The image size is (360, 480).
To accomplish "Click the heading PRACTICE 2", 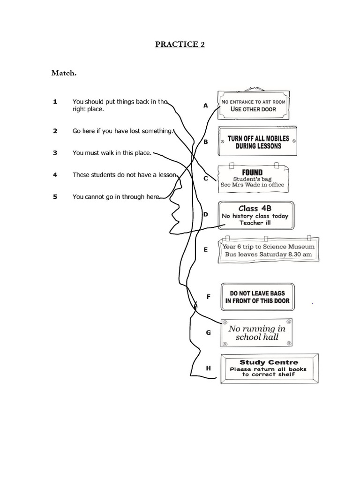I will [180, 45].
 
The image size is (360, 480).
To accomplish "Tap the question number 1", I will [55, 101].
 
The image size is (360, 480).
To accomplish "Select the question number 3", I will [55, 152].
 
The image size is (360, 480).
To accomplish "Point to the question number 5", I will [55, 197].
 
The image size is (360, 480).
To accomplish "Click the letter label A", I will [205, 105].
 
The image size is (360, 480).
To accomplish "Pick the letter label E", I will [205, 250].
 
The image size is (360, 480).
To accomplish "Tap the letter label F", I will [209, 296].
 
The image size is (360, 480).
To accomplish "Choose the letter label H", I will [209, 368].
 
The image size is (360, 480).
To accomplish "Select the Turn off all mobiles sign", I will [258, 142].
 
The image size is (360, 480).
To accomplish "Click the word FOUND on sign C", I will [252, 172].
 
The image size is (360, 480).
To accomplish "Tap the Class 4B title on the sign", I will [255, 208].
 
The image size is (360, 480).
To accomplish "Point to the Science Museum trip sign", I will [269, 250].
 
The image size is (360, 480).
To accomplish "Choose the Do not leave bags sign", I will [257, 297].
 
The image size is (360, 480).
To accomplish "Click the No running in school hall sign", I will [257, 333].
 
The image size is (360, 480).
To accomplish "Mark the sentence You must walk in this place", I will [112, 152].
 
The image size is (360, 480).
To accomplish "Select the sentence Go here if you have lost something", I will [122, 131].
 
